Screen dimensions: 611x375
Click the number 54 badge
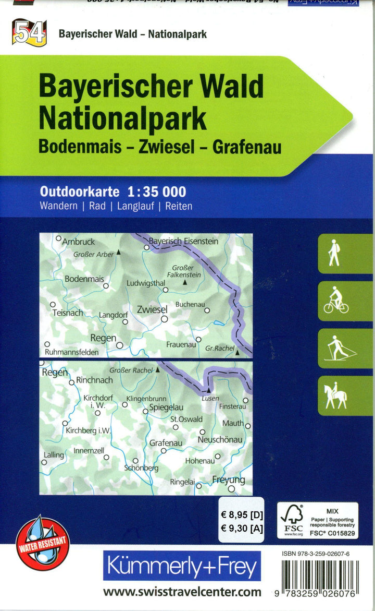click(x=30, y=33)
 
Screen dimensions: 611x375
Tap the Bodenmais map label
click(x=84, y=279)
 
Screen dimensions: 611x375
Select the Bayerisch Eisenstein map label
click(x=183, y=241)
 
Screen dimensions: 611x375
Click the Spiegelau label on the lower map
click(x=166, y=408)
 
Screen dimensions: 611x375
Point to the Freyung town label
click(x=228, y=480)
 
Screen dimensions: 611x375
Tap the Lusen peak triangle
click(x=208, y=389)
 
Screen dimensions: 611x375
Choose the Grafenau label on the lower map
click(x=166, y=443)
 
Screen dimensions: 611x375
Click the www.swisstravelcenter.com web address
click(x=182, y=592)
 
